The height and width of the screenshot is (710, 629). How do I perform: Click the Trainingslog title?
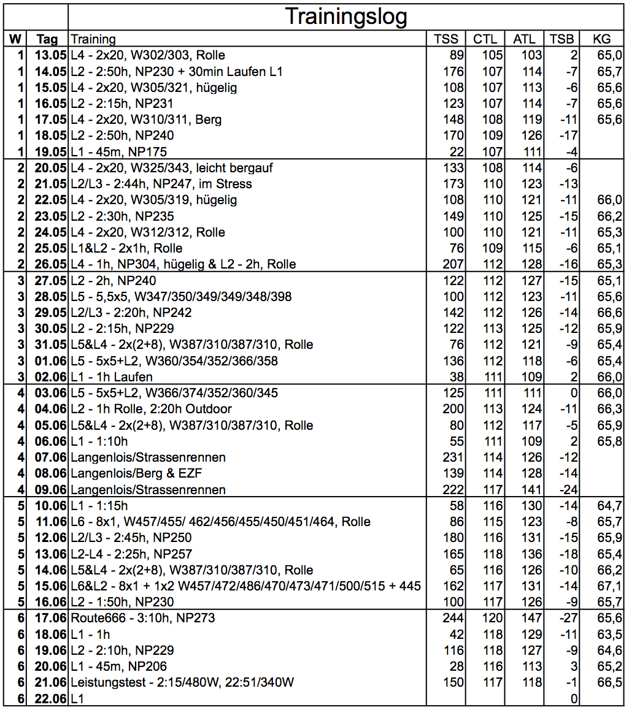(346, 17)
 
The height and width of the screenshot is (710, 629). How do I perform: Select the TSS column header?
(446, 39)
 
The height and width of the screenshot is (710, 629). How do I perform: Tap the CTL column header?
(485, 39)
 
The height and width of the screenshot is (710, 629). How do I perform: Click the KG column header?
(601, 39)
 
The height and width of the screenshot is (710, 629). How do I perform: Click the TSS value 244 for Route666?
(453, 618)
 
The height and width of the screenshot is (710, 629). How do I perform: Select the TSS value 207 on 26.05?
(453, 264)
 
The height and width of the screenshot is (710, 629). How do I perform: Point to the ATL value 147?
(531, 618)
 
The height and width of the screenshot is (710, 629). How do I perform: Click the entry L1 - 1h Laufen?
(112, 377)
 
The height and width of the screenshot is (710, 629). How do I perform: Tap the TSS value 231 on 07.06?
(453, 457)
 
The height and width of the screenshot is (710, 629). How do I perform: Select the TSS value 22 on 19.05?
(457, 151)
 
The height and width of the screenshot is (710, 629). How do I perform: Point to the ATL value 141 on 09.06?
(531, 489)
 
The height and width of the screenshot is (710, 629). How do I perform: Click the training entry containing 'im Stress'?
(161, 184)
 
